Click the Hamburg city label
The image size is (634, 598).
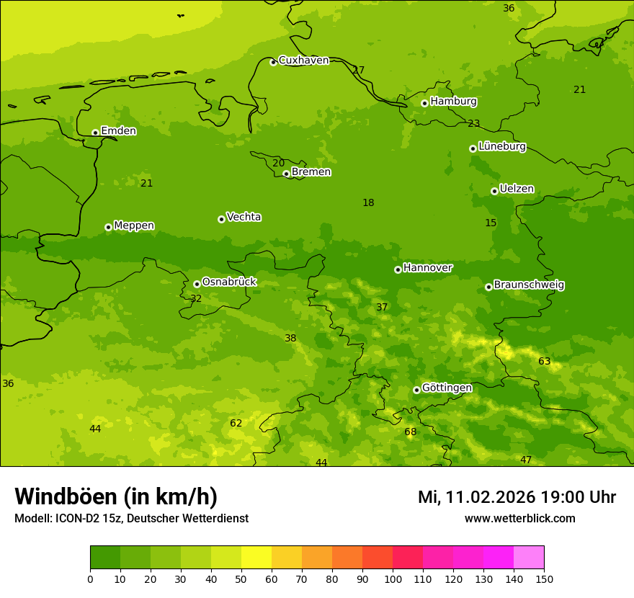[x=453, y=102]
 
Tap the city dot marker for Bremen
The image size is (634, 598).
[x=286, y=174]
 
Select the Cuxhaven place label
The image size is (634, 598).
[x=303, y=61]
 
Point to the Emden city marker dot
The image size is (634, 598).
[x=95, y=133]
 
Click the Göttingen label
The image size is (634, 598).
[x=447, y=388]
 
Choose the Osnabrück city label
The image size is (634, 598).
[x=229, y=282]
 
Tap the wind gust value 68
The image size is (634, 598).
[x=410, y=432]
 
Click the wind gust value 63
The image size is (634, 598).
[x=544, y=362]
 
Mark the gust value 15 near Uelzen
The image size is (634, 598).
[x=491, y=223]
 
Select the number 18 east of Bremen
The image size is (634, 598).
[x=368, y=203]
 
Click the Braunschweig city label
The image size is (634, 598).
[x=529, y=285]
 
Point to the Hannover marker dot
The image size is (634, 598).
[x=398, y=269]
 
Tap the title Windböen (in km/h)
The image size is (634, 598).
[x=116, y=496]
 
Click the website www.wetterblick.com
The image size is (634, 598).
[x=519, y=519]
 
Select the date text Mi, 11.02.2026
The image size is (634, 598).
[x=476, y=497]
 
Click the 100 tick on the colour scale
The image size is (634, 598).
[x=393, y=579]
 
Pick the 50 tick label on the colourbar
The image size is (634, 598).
[x=241, y=579]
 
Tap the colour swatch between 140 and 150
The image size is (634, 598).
[x=529, y=558]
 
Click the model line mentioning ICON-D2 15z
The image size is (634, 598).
[x=131, y=519]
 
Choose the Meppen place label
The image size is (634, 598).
[x=134, y=226]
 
